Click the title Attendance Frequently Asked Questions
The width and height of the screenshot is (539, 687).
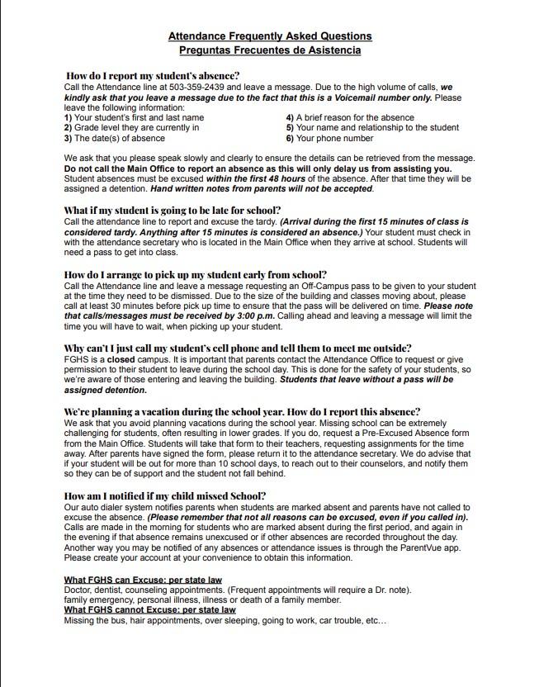[270, 36]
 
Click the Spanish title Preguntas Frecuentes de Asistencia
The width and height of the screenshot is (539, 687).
[270, 50]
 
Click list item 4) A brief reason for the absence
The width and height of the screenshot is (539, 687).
[350, 118]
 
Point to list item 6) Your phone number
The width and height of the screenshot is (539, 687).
[329, 139]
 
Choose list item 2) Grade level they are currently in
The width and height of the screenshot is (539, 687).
[131, 128]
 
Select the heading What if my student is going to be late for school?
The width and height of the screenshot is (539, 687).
[173, 211]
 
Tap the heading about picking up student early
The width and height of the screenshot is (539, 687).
[195, 275]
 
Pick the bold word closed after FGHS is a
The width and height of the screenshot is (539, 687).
[121, 360]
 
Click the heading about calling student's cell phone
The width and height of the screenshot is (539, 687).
[238, 348]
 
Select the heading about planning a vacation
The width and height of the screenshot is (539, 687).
[242, 412]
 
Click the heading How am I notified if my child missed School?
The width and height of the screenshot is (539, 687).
[165, 496]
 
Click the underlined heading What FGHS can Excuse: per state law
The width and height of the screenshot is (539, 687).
[143, 580]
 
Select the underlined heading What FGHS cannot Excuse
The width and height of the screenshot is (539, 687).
[149, 610]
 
